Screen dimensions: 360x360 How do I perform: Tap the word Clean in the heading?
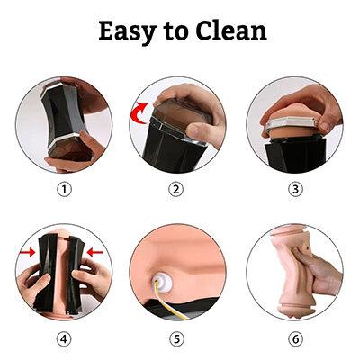coord(231,30)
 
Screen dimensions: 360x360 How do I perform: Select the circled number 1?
coord(64,190)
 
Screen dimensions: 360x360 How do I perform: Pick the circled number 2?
coord(175,190)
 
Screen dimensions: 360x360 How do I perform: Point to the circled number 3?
coord(295,190)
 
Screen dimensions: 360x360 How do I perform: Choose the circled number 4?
coord(64,339)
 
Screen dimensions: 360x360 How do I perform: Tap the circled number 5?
coord(175,339)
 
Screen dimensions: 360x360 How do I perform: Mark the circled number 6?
coord(295,339)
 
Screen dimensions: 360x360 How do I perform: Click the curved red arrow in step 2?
coord(137,113)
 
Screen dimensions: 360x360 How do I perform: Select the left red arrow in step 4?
coord(27,253)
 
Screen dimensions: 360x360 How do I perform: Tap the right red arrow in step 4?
coord(94,253)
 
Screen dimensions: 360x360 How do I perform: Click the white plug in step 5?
coord(162,282)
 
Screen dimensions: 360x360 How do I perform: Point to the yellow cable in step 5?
coord(169,300)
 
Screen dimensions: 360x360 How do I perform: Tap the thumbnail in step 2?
coord(193,130)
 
